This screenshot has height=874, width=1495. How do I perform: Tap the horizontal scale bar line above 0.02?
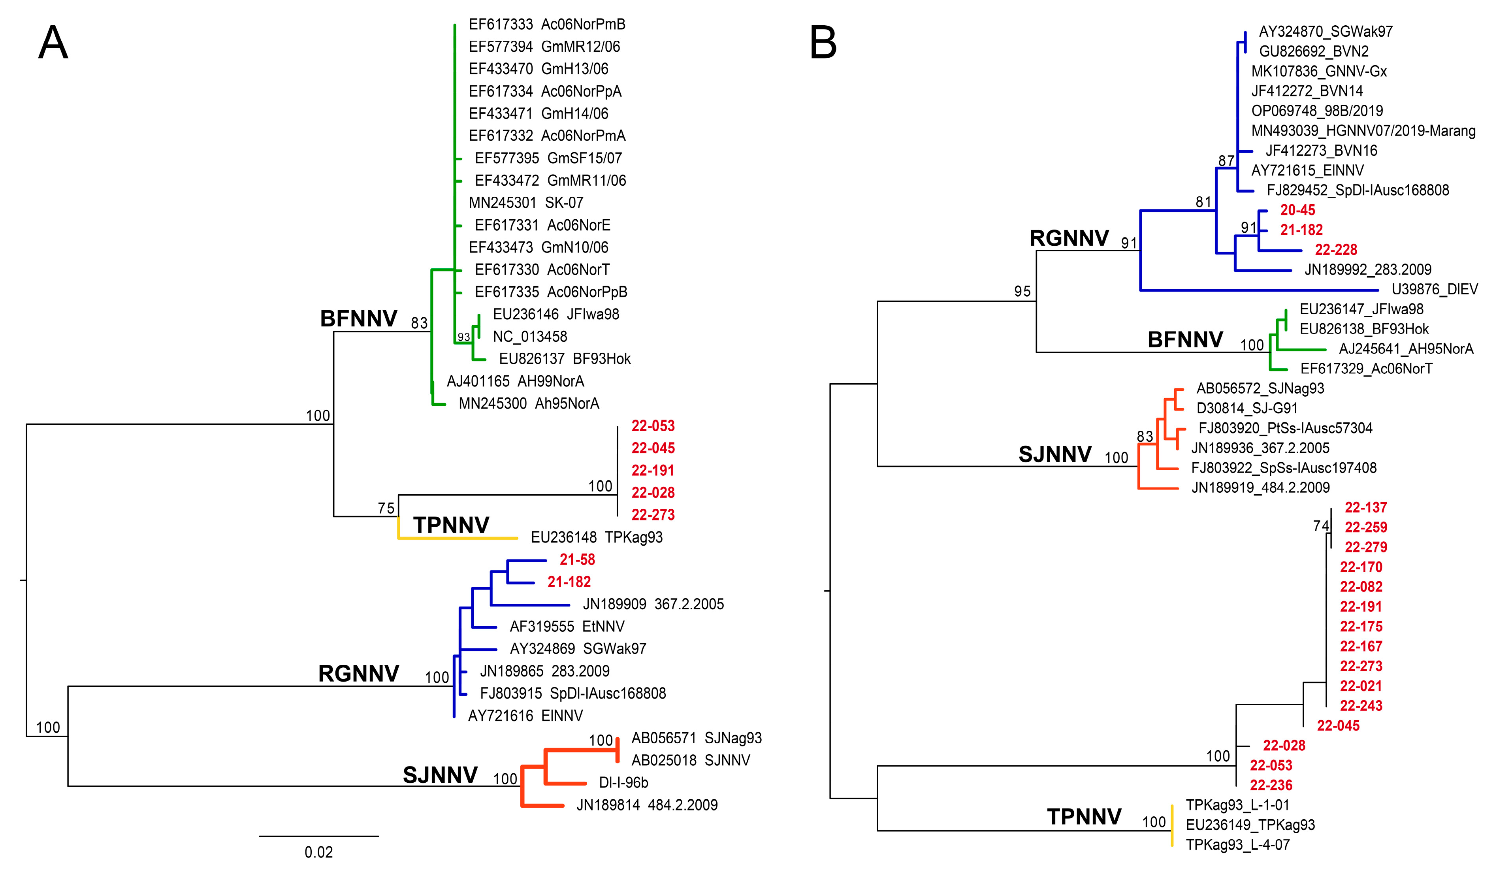pos(318,836)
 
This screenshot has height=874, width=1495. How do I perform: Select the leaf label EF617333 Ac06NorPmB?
pos(546,24)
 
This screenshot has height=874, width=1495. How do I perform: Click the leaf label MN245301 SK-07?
pos(525,203)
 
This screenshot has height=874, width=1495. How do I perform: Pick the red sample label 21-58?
pos(577,559)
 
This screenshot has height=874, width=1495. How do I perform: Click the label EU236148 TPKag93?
pos(596,538)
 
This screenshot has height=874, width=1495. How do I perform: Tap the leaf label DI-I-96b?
pos(623,783)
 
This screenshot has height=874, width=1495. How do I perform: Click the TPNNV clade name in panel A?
pos(451,525)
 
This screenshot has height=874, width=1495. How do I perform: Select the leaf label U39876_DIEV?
pos(1435,290)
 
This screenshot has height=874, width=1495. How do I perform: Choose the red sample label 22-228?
pos(1336,250)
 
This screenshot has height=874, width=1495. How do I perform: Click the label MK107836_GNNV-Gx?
pos(1319,71)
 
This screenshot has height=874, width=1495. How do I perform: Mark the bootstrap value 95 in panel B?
pos(1022,291)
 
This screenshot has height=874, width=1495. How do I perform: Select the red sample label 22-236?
pos(1271,785)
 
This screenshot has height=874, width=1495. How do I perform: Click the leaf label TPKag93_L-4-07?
pos(1237,844)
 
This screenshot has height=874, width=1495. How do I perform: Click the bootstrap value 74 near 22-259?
pos(1321,526)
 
